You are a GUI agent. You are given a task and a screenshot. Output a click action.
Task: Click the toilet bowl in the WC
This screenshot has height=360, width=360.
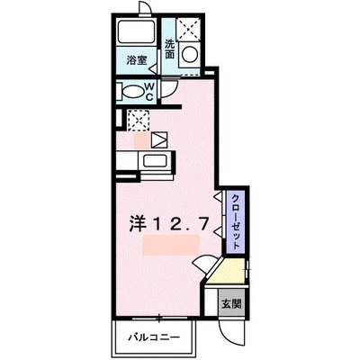(x=138, y=91)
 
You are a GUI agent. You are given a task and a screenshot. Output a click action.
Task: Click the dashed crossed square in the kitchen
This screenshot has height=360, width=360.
(x=139, y=118)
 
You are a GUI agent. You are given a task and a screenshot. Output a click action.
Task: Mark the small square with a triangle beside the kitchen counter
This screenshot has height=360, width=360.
(x=158, y=139)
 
